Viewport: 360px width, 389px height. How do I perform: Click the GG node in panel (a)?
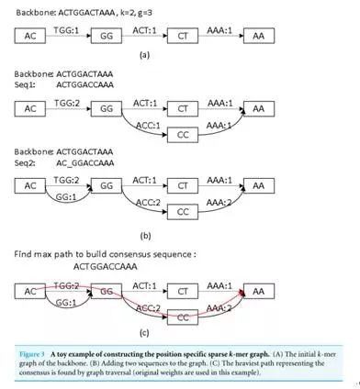106,37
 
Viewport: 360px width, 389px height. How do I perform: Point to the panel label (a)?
143,56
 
